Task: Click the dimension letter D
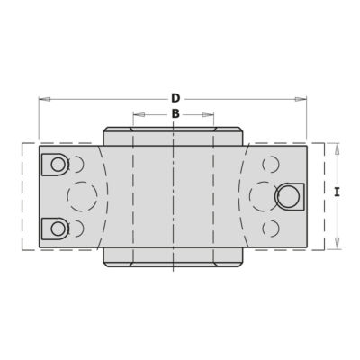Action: (x=175, y=98)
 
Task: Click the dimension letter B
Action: (x=175, y=114)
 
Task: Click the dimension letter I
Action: (x=337, y=193)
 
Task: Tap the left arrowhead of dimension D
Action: (x=45, y=99)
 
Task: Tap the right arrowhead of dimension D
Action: (x=301, y=99)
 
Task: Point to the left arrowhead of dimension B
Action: (x=139, y=114)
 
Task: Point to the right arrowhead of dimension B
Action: (x=208, y=114)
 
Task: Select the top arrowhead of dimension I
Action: (x=337, y=148)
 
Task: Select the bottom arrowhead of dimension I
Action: (x=337, y=243)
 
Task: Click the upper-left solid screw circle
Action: (x=58, y=165)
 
